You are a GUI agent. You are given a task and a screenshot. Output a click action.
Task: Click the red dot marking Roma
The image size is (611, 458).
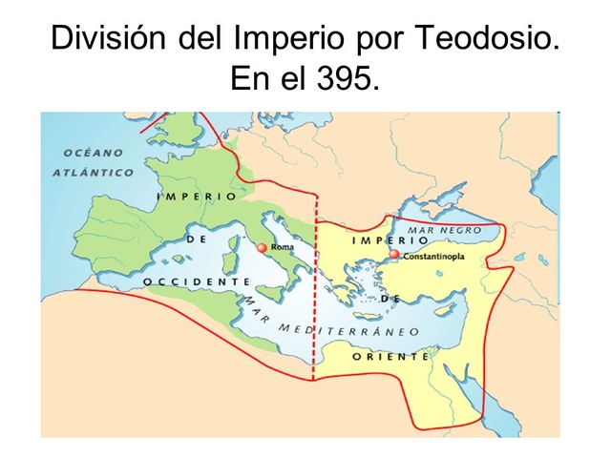pyautogui.click(x=262, y=248)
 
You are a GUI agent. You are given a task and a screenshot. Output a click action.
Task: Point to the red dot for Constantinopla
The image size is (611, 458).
pyautogui.click(x=393, y=255)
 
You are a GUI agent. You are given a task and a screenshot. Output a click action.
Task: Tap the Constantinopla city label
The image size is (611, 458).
pyautogui.click(x=433, y=256)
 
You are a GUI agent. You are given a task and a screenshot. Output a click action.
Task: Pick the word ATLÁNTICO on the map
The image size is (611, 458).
pyautogui.click(x=93, y=173)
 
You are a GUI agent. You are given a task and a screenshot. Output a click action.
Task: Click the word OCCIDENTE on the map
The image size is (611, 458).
pyautogui.click(x=196, y=281)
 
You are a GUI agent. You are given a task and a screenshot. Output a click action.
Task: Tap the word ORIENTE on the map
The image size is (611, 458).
pyautogui.click(x=390, y=356)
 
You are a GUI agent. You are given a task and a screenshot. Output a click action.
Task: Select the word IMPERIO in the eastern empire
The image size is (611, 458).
pyautogui.click(x=387, y=240)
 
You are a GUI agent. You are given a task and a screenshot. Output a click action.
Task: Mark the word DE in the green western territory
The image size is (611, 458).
pyautogui.click(x=198, y=240)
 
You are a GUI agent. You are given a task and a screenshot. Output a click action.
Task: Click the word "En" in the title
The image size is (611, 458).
pyautogui.click(x=251, y=80)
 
